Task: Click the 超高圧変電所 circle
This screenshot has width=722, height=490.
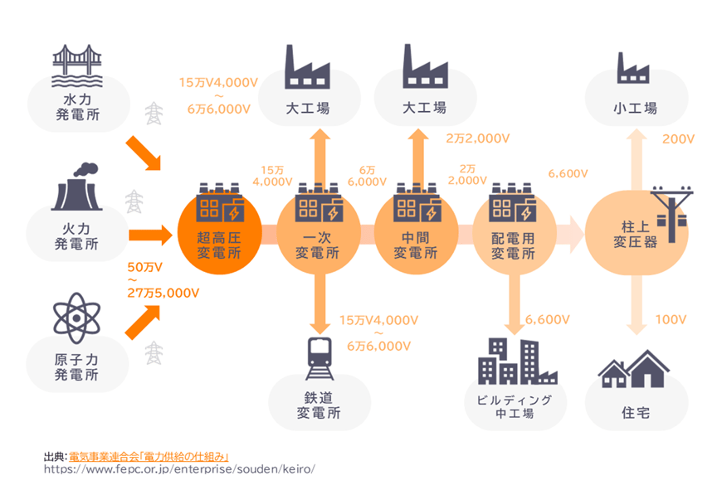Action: (219, 233)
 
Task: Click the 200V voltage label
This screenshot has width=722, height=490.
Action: (678, 138)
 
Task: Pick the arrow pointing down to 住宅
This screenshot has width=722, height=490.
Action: (635, 307)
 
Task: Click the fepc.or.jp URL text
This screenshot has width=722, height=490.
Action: (178, 469)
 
